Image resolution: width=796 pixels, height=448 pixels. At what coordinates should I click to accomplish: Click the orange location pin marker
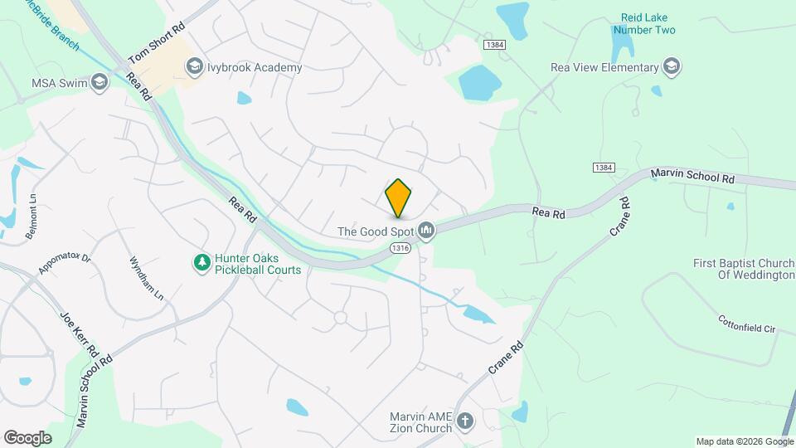(x=399, y=197)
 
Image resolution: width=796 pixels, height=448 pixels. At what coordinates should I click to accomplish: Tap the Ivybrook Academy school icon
(x=194, y=66)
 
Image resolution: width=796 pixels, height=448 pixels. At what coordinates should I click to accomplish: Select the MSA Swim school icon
(x=99, y=82)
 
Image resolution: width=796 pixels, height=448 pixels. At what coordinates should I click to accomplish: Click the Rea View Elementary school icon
(x=672, y=67)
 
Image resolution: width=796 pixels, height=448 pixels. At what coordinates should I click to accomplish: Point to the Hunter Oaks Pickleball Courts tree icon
(x=201, y=263)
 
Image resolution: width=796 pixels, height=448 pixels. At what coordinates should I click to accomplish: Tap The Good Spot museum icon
(x=426, y=230)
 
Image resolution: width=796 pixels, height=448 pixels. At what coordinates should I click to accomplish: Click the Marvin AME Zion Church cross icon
(x=465, y=421)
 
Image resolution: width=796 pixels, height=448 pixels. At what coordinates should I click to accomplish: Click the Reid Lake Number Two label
(x=648, y=24)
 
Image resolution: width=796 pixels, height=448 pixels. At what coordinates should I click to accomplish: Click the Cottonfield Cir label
(x=746, y=323)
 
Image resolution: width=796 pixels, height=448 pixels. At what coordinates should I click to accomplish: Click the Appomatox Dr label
(x=64, y=264)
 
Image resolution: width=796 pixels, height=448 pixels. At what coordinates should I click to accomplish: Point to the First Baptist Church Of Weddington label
(x=744, y=269)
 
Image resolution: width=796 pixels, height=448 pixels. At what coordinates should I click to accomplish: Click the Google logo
(x=27, y=437)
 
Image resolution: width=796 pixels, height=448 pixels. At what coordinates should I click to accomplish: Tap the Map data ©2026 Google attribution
(x=744, y=441)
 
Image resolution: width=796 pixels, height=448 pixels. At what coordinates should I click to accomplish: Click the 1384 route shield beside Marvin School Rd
(x=604, y=168)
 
